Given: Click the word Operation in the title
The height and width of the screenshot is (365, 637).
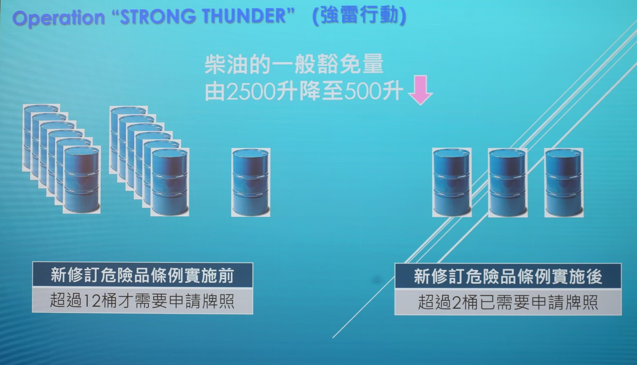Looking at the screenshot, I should (x=59, y=17).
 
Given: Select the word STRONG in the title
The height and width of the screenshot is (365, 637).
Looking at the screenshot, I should (x=158, y=16).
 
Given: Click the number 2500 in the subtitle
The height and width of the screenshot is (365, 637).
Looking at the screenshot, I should (x=251, y=91).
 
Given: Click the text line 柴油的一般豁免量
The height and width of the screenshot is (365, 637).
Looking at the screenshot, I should (x=294, y=64).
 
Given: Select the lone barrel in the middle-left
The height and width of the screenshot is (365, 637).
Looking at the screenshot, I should (x=251, y=182).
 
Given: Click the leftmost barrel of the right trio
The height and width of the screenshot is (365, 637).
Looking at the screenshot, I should (x=452, y=183).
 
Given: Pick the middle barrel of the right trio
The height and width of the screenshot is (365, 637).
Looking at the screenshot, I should (x=507, y=183).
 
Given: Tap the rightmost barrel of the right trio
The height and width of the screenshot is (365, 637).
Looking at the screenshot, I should (x=564, y=183).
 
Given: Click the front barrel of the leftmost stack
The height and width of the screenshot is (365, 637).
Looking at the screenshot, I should (x=82, y=180).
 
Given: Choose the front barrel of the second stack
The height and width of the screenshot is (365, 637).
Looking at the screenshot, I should (x=169, y=182).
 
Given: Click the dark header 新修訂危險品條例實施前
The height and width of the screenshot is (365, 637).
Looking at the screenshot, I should (x=143, y=275).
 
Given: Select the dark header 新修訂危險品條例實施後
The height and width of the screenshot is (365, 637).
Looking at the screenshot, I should (x=508, y=276).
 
